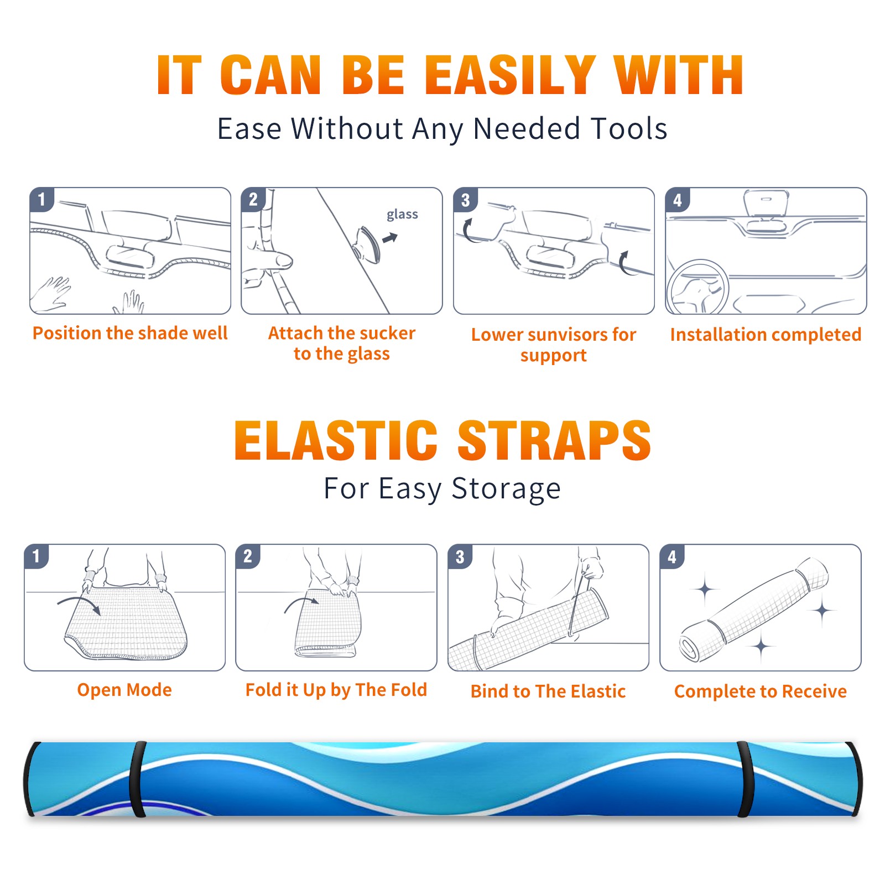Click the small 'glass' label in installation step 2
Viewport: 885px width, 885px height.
coord(402,215)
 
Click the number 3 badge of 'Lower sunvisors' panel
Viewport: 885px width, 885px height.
coord(465,200)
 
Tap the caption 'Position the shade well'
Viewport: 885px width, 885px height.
coord(130,333)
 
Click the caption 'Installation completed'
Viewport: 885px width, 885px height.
coord(766,334)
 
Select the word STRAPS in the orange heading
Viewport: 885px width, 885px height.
coord(554,440)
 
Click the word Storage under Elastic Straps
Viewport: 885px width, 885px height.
coord(506,489)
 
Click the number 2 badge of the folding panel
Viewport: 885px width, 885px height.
coord(248,556)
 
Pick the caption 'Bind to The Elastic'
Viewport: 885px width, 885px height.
coord(548,691)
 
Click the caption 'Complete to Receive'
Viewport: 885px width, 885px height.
coord(761,691)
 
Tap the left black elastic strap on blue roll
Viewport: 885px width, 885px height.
coord(138,779)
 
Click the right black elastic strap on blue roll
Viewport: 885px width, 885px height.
coord(745,779)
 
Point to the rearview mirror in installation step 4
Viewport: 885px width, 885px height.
coord(766,204)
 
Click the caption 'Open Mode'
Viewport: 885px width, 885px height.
coord(124,690)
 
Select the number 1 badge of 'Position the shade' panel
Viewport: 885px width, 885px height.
coord(41,199)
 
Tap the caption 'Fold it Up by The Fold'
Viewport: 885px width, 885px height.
coord(336,690)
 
